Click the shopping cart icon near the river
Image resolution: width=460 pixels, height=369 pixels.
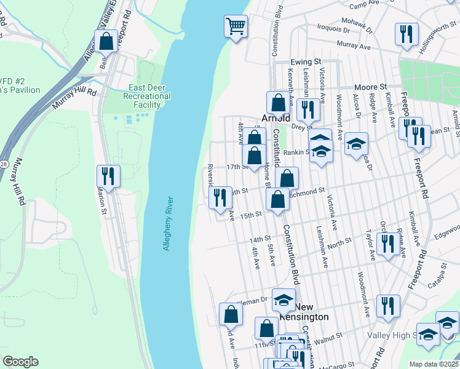pyautogui.click(x=236, y=26)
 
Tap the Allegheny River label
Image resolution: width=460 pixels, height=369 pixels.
pyautogui.click(x=168, y=223)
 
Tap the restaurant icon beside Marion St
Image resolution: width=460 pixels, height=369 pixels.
pyautogui.click(x=108, y=176)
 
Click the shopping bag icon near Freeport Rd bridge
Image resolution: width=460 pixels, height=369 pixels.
pyautogui.click(x=106, y=41)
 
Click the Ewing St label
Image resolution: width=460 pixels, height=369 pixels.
pyautogui.click(x=306, y=62)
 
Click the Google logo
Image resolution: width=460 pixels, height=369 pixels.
pyautogui.click(x=20, y=362)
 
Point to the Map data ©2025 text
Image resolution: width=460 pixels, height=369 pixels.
pyautogui.click(x=434, y=364)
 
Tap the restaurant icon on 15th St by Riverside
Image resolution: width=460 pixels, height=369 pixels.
pyautogui.click(x=220, y=197)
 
